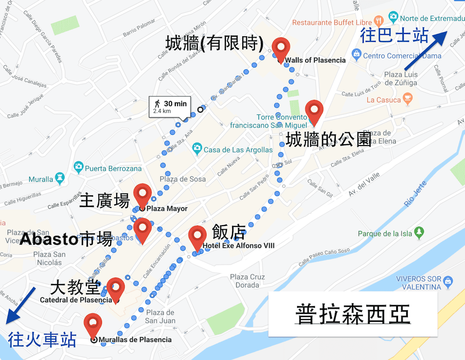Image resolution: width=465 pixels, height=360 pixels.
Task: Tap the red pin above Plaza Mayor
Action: click(142, 193)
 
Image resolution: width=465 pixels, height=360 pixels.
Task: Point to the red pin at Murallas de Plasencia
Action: click(93, 324)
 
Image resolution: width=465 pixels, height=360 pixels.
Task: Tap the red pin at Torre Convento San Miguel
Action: click(314, 110)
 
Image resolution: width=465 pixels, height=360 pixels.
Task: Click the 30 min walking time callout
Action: click(169, 107)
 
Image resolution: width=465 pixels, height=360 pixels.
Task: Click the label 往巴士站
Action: click(394, 36)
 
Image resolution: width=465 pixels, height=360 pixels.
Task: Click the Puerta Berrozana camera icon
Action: click(78, 167)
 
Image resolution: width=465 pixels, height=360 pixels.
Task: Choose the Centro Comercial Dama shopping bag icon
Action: click(356, 56)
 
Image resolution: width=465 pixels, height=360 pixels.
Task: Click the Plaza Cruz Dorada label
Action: click(247, 281)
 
